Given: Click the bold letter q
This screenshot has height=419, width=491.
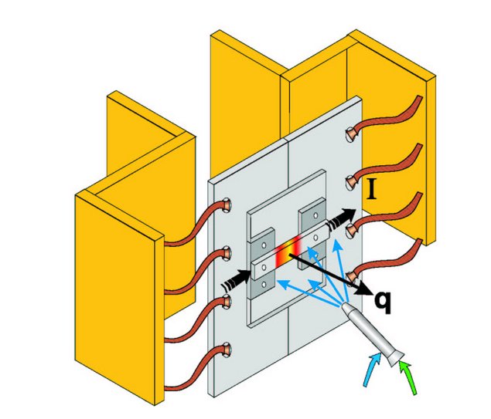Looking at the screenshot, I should coord(382,299).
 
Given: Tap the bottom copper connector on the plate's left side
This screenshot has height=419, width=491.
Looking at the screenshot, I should coord(227,350).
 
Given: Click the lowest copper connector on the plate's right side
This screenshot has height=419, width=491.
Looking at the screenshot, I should coord(353,275).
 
